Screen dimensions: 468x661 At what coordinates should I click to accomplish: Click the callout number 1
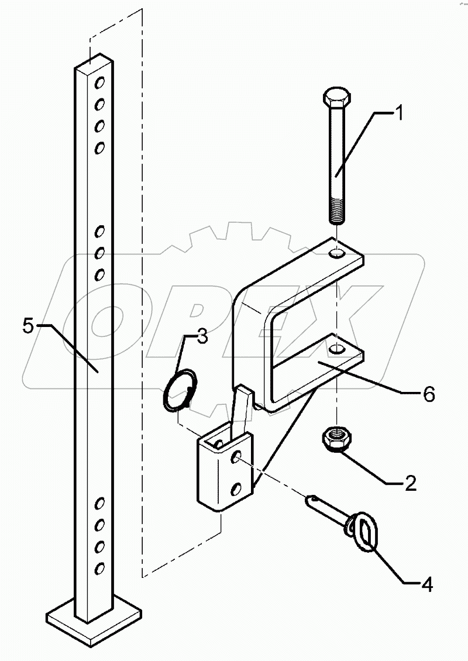pos(398,113)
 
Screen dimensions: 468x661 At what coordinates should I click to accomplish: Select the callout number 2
pos(410,483)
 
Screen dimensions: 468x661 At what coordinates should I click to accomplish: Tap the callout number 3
pos(202,337)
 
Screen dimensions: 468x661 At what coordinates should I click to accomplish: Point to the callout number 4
pos(427,585)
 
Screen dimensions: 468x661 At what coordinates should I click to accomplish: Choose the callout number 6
pos(428,395)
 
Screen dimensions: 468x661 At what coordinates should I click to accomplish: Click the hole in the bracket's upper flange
pos(338,254)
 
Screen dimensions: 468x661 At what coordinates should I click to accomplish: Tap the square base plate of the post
pos(94,621)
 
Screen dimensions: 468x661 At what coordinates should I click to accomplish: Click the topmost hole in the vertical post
pos(100,82)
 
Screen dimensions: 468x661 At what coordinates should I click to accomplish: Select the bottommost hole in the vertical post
pos(100,569)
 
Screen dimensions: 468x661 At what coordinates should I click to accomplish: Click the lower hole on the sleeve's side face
pos(236,488)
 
